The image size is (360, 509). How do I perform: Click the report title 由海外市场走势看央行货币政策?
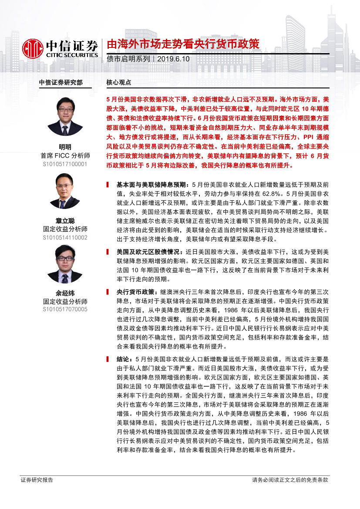coord(183,44)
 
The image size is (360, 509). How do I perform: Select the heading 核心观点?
coord(118,82)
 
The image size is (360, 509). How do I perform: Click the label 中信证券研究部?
coord(61,82)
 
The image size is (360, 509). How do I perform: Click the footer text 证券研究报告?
coord(37,480)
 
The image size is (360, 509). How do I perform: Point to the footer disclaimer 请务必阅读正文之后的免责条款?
coord(290,480)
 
